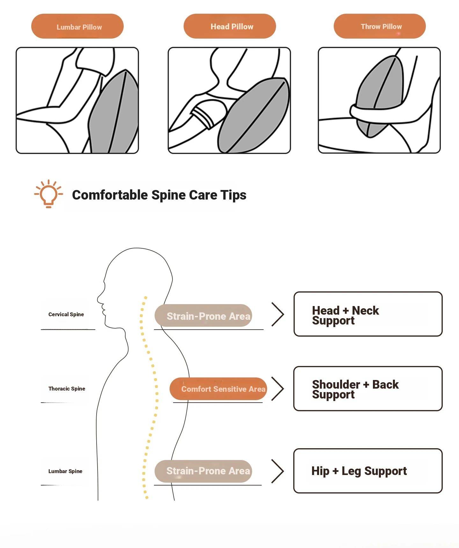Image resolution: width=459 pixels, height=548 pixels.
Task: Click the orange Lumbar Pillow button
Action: coord(77,26)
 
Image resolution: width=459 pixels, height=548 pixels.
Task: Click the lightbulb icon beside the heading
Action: coord(48,194)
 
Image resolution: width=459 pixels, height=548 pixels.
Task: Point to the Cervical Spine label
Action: coord(66,314)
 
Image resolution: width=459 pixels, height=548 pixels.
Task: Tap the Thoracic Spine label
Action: coord(67,389)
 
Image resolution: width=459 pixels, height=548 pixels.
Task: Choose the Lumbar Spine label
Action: coord(65,471)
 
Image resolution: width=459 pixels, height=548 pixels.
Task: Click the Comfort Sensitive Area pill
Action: coord(218,389)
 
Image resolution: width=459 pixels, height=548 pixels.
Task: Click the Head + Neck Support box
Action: coord(368,314)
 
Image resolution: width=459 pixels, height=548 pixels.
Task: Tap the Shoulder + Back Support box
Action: coord(368,389)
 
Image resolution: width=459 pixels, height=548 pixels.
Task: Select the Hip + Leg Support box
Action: coord(368,471)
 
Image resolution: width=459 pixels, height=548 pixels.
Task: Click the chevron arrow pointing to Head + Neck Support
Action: coord(278,314)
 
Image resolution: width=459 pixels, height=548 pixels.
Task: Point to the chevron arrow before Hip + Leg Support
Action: coord(278,471)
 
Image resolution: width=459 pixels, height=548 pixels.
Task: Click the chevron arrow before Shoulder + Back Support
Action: coord(278,389)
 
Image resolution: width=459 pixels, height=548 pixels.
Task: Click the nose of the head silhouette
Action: coord(98,299)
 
